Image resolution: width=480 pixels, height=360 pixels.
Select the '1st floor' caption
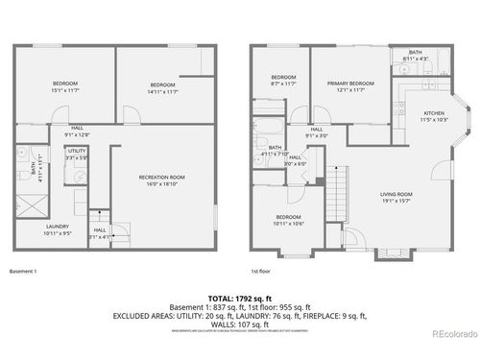(x=260, y=272)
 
